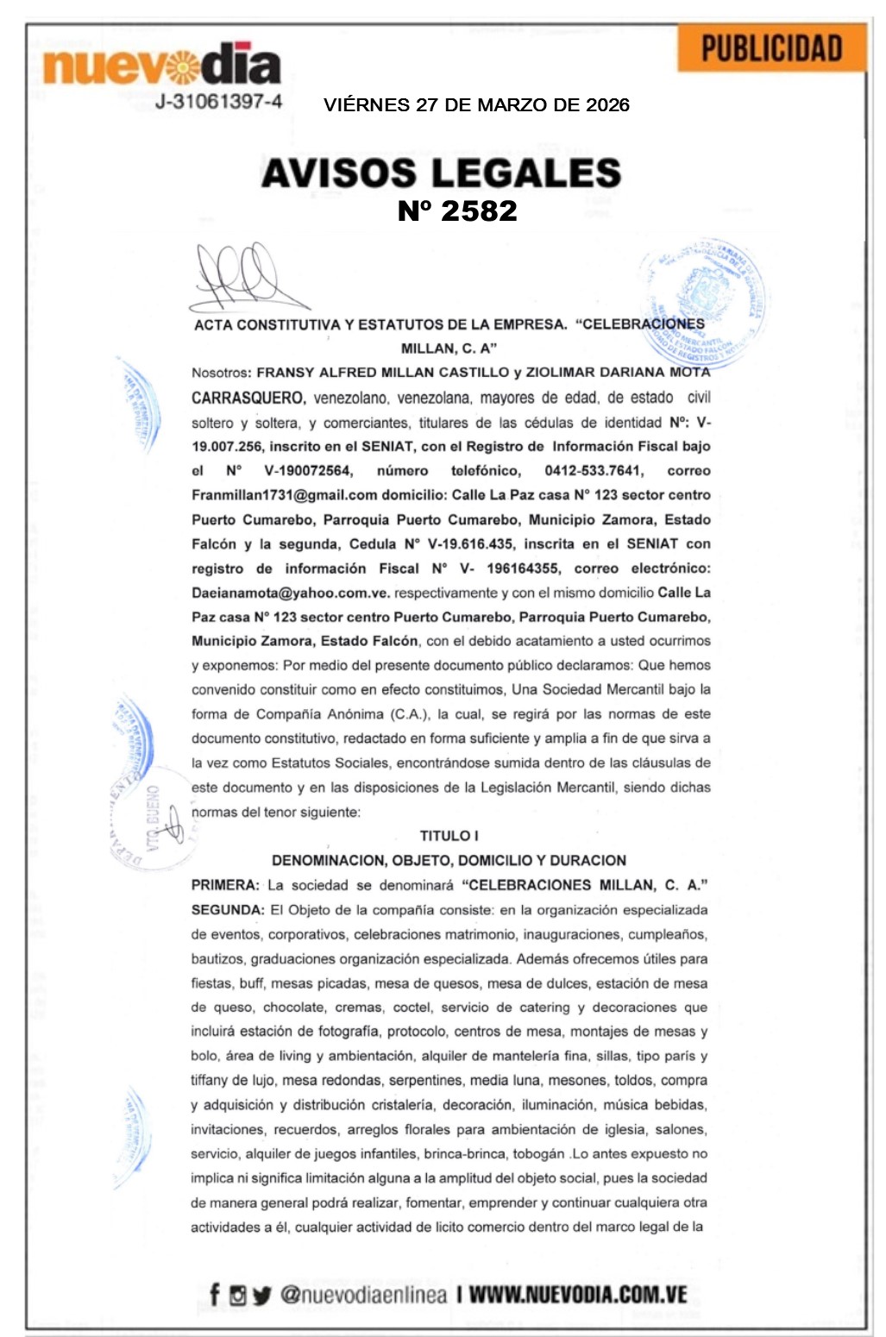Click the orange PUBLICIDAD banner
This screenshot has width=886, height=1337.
[771, 48]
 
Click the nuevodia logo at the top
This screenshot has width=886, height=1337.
[161, 64]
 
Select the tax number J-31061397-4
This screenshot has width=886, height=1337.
[218, 102]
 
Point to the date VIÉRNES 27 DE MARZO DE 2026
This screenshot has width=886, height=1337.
[476, 105]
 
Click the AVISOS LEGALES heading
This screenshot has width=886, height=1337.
[441, 173]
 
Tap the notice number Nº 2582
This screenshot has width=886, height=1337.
[456, 210]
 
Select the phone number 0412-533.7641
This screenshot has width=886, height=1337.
[593, 471]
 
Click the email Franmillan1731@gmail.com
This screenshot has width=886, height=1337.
[285, 495]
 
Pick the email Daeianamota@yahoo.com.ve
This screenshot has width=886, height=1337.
[291, 593]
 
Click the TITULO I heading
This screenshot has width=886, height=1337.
[449, 836]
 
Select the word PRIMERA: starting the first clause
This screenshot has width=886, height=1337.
[224, 885]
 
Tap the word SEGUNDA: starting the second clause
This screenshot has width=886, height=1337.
[228, 910]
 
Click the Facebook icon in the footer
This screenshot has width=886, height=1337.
[215, 1294]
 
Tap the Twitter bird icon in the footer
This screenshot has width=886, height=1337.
[262, 1295]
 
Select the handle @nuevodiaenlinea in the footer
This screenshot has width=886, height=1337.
[363, 1295]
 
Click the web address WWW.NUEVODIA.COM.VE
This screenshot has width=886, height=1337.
[578, 1295]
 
